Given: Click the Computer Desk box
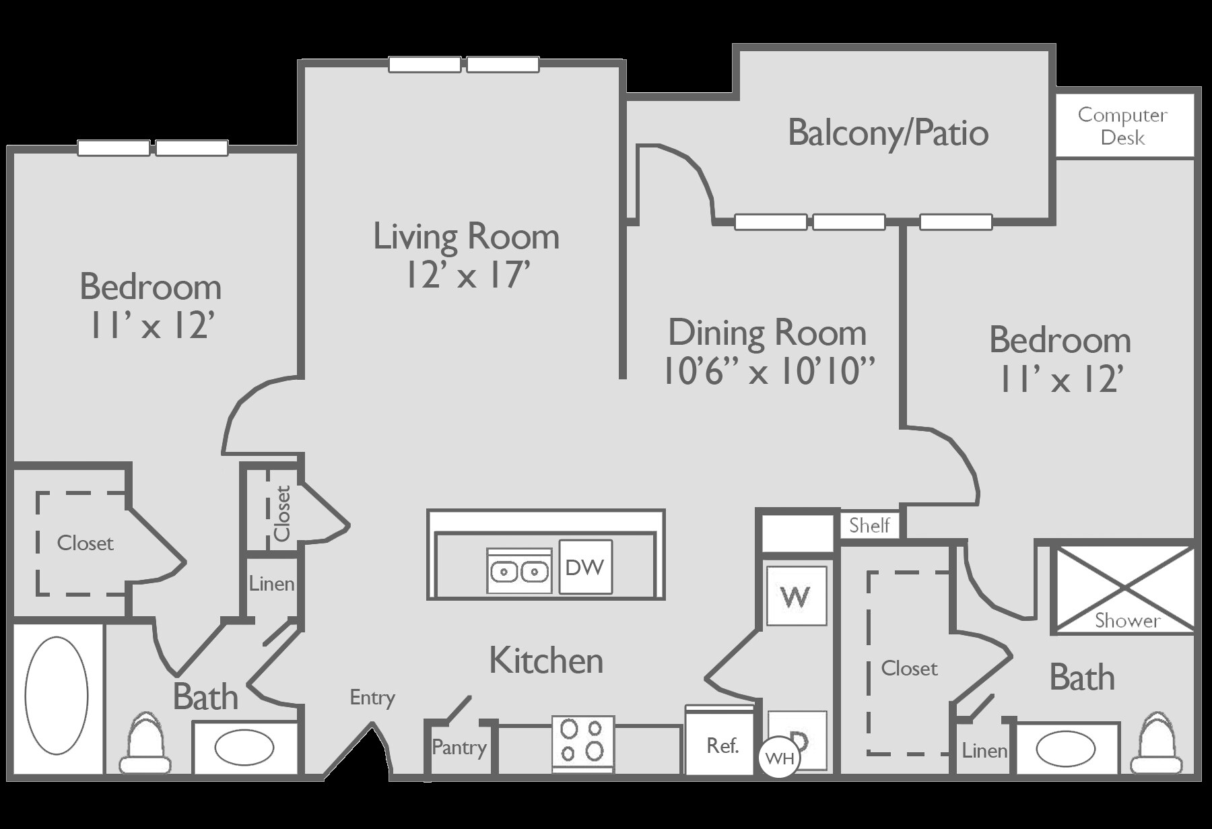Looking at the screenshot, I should click(x=1122, y=126).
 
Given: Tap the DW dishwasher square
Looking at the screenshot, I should click(x=585, y=567).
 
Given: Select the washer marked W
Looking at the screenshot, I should click(x=796, y=596).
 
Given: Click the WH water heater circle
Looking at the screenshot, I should click(x=780, y=759).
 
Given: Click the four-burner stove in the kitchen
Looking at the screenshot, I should click(x=582, y=741).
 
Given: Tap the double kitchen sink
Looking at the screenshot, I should click(x=518, y=572).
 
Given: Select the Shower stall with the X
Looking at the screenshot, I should click(x=1122, y=590).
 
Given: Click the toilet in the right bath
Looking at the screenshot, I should click(x=1156, y=744).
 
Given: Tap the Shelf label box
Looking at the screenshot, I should click(x=869, y=525).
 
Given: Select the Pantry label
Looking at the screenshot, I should click(x=459, y=747).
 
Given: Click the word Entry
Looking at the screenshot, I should click(x=372, y=697).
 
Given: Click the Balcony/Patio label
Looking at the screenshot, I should click(x=887, y=133).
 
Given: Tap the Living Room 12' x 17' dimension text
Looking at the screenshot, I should click(x=467, y=275).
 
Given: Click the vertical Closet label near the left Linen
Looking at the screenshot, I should click(x=281, y=512).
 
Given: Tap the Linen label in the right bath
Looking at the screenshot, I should click(x=984, y=750).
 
